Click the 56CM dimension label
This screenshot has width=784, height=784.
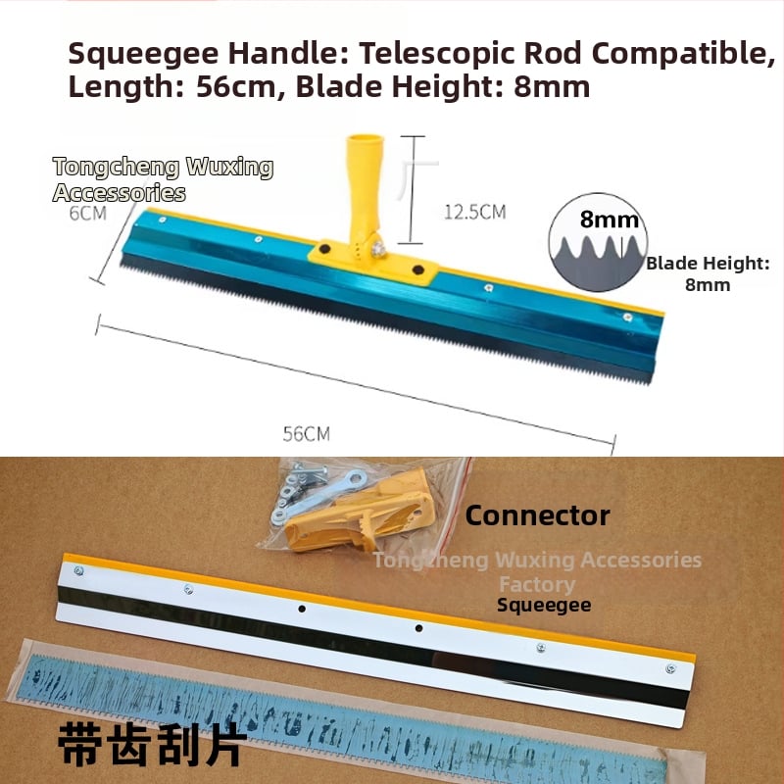tap(306, 433)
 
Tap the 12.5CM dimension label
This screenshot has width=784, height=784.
tap(474, 212)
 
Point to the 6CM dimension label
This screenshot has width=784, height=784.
tap(88, 213)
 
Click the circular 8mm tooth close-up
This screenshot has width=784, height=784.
tap(598, 242)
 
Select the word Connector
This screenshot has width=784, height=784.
tap(537, 515)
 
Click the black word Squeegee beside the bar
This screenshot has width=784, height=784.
tap(544, 605)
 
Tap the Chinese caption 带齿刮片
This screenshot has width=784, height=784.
tap(153, 745)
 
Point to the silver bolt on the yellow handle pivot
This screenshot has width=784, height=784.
tap(378, 248)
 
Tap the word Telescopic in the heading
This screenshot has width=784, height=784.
tap(436, 53)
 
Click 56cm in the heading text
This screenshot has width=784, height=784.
tap(236, 87)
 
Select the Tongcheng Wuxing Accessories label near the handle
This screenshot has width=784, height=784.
tap(163, 179)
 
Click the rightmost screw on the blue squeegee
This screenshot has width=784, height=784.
tap(627, 317)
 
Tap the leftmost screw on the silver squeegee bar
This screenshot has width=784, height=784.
tap(78, 570)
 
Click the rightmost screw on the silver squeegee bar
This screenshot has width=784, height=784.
tap(671, 668)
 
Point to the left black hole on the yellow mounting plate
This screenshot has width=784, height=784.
tap(324, 249)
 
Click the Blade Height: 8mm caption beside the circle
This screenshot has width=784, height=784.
tap(708, 274)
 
